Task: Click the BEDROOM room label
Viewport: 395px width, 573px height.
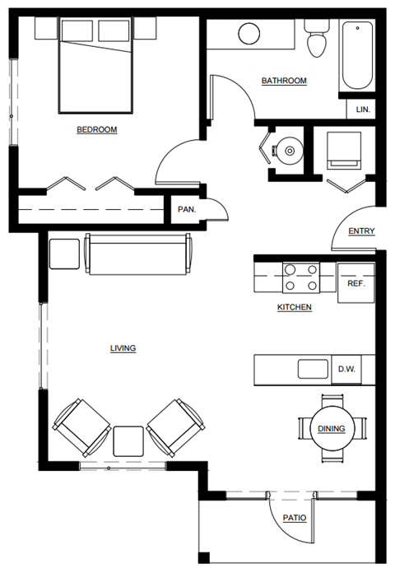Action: (96, 129)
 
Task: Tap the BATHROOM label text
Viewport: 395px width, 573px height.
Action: (284, 81)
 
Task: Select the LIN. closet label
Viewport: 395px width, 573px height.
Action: (363, 109)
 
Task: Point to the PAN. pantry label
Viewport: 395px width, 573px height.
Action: (187, 209)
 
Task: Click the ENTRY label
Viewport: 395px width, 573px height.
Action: (361, 231)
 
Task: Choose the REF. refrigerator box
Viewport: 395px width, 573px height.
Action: (355, 282)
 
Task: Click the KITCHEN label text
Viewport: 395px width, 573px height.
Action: (294, 307)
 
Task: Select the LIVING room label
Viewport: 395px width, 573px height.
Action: (123, 348)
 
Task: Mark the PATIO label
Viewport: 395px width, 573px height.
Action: (295, 518)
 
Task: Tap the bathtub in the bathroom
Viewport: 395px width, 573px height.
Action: (357, 55)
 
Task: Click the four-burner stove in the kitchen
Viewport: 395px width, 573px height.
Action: (300, 277)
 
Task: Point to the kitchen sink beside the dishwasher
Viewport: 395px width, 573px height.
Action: (313, 369)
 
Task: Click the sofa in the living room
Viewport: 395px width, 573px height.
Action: (138, 256)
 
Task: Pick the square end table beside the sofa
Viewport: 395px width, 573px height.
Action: (63, 254)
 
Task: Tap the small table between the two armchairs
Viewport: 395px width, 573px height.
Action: (128, 440)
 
